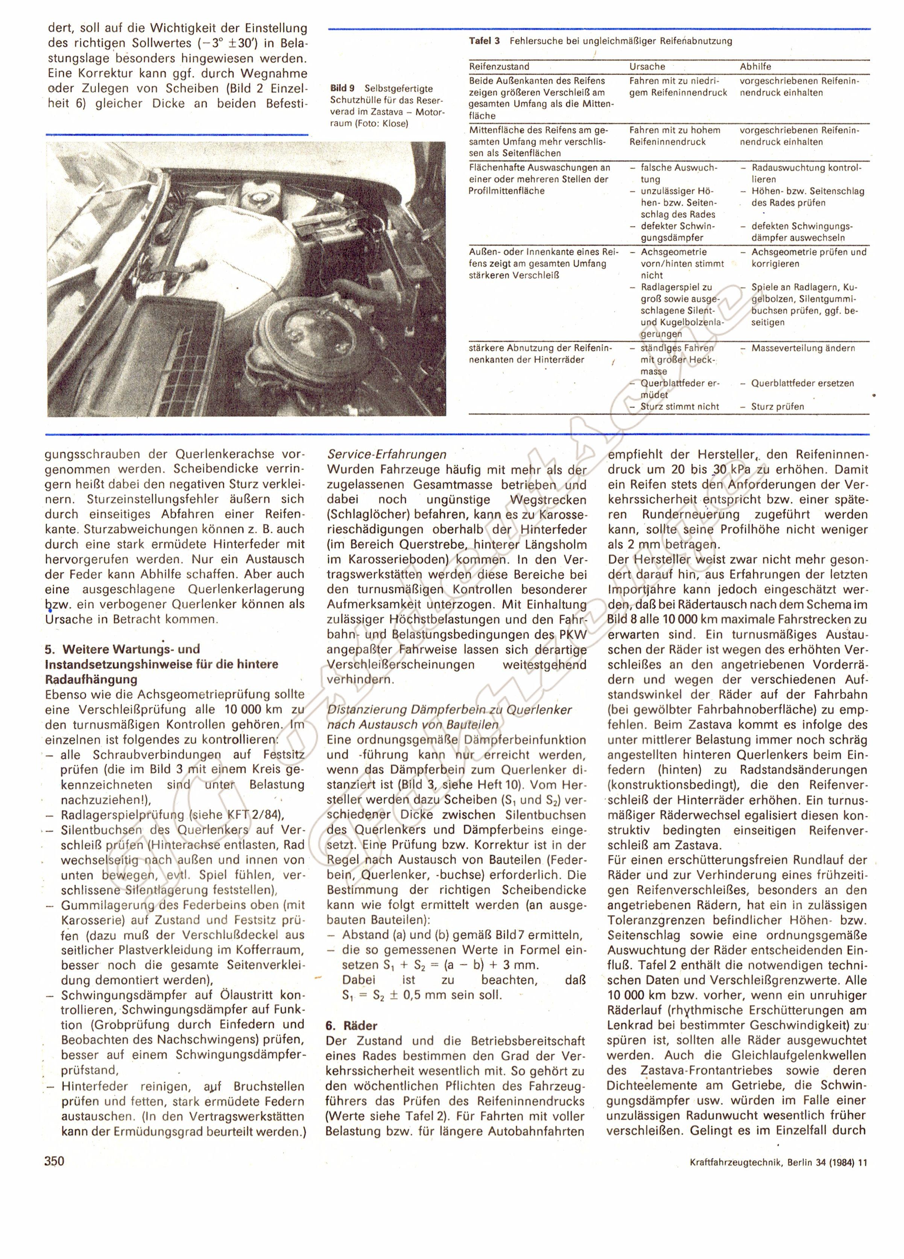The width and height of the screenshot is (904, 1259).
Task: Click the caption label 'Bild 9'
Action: [x=342, y=88]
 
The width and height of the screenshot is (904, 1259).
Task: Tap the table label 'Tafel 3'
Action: [x=484, y=41]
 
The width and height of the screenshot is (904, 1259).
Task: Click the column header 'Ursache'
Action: [x=647, y=67]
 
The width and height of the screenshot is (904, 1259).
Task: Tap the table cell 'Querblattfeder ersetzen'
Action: [x=802, y=383]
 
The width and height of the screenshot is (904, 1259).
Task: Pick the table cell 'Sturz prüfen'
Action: [x=777, y=406]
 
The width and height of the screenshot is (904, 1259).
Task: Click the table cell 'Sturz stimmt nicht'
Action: [x=680, y=406]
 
